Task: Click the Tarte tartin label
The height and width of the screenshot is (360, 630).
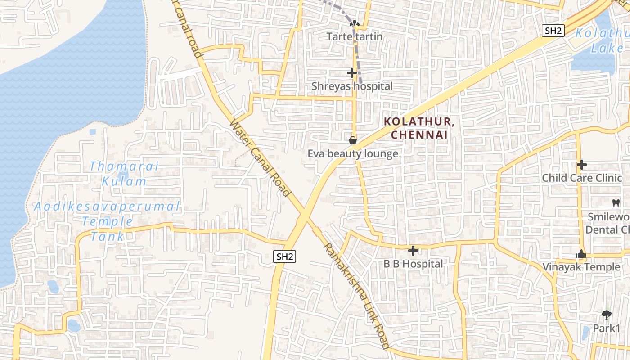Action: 355,36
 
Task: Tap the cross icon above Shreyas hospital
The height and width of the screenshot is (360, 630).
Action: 352,72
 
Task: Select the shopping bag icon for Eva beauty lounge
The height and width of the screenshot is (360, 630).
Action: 353,140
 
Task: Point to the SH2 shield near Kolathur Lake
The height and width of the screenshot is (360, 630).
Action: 553,31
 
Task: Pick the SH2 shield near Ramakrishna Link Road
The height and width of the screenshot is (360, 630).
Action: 285,256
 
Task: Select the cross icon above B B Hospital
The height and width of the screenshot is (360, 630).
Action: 413,251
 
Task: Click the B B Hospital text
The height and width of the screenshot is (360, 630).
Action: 413,264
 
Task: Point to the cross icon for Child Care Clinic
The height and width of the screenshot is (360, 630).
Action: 581,165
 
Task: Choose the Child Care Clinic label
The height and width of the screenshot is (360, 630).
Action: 581,178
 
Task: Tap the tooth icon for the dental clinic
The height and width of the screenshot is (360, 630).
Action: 616,203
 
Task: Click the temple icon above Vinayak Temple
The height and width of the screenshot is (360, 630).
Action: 581,255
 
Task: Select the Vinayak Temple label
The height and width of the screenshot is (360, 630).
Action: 581,267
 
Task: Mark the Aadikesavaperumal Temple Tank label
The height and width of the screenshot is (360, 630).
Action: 107,221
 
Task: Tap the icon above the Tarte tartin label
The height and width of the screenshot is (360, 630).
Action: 355,23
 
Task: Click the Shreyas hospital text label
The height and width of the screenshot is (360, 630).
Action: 352,86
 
